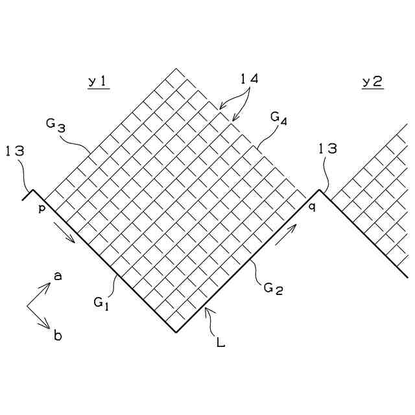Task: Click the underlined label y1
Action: click(x=99, y=82)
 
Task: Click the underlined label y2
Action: click(x=372, y=82)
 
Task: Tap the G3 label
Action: click(x=56, y=124)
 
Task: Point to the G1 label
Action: click(x=101, y=302)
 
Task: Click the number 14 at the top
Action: click(x=249, y=79)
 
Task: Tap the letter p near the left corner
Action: click(x=41, y=207)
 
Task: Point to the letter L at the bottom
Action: click(x=220, y=342)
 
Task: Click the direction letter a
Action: click(x=58, y=276)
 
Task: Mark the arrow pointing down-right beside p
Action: click(x=65, y=233)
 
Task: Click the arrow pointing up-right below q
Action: click(x=286, y=235)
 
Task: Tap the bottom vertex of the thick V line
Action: click(x=176, y=332)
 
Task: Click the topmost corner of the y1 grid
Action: click(x=176, y=68)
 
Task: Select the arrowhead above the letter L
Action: click(x=206, y=311)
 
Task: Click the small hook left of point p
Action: click(x=28, y=195)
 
